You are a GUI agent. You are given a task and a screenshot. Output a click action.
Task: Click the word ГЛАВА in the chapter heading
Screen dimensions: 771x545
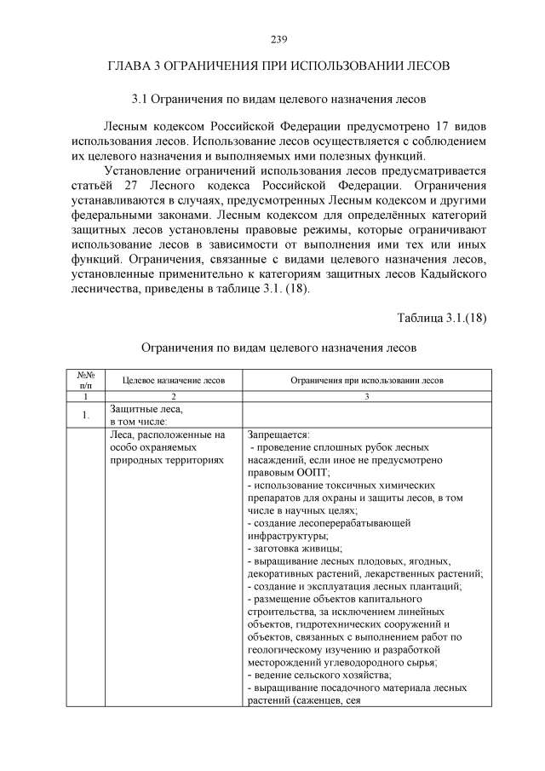tap(128, 66)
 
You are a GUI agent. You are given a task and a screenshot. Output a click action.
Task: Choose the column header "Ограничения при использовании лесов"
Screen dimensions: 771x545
tap(366, 381)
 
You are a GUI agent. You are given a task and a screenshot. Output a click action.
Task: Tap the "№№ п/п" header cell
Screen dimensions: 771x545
tap(85, 381)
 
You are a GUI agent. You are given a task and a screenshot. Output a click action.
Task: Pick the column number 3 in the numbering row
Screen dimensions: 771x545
tap(366, 397)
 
